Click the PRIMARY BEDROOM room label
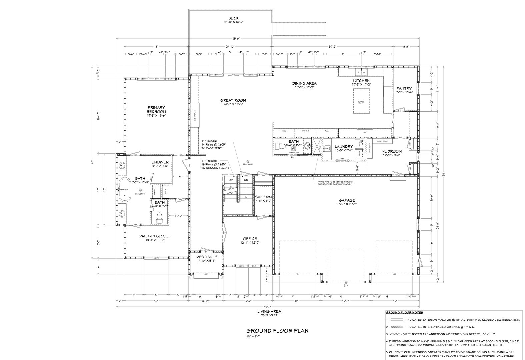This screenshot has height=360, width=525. tap(156, 109)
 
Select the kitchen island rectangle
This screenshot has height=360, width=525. tap(361, 102)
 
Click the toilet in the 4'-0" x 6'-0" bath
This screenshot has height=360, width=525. tap(159, 217)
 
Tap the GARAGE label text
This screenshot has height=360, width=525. tap(347, 200)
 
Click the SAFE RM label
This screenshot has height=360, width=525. tap(264, 197)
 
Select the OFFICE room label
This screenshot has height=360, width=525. tap(250, 239)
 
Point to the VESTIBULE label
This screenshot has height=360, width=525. tap(207, 257)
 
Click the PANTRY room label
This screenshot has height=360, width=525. tap(404, 88)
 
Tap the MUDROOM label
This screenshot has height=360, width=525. tap(392, 151)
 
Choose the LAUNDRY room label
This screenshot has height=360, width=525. tap(344, 146)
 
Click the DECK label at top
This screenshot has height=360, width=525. tap(233, 18)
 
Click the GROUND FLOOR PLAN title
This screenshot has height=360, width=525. tap(277, 331)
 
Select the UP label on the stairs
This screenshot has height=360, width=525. tap(230, 180)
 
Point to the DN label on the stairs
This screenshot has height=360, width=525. tap(246, 180)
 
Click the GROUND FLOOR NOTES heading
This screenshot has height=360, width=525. tap(404, 313)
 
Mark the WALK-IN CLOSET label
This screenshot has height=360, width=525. tap(155, 236)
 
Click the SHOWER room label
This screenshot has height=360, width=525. tap(160, 162)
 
